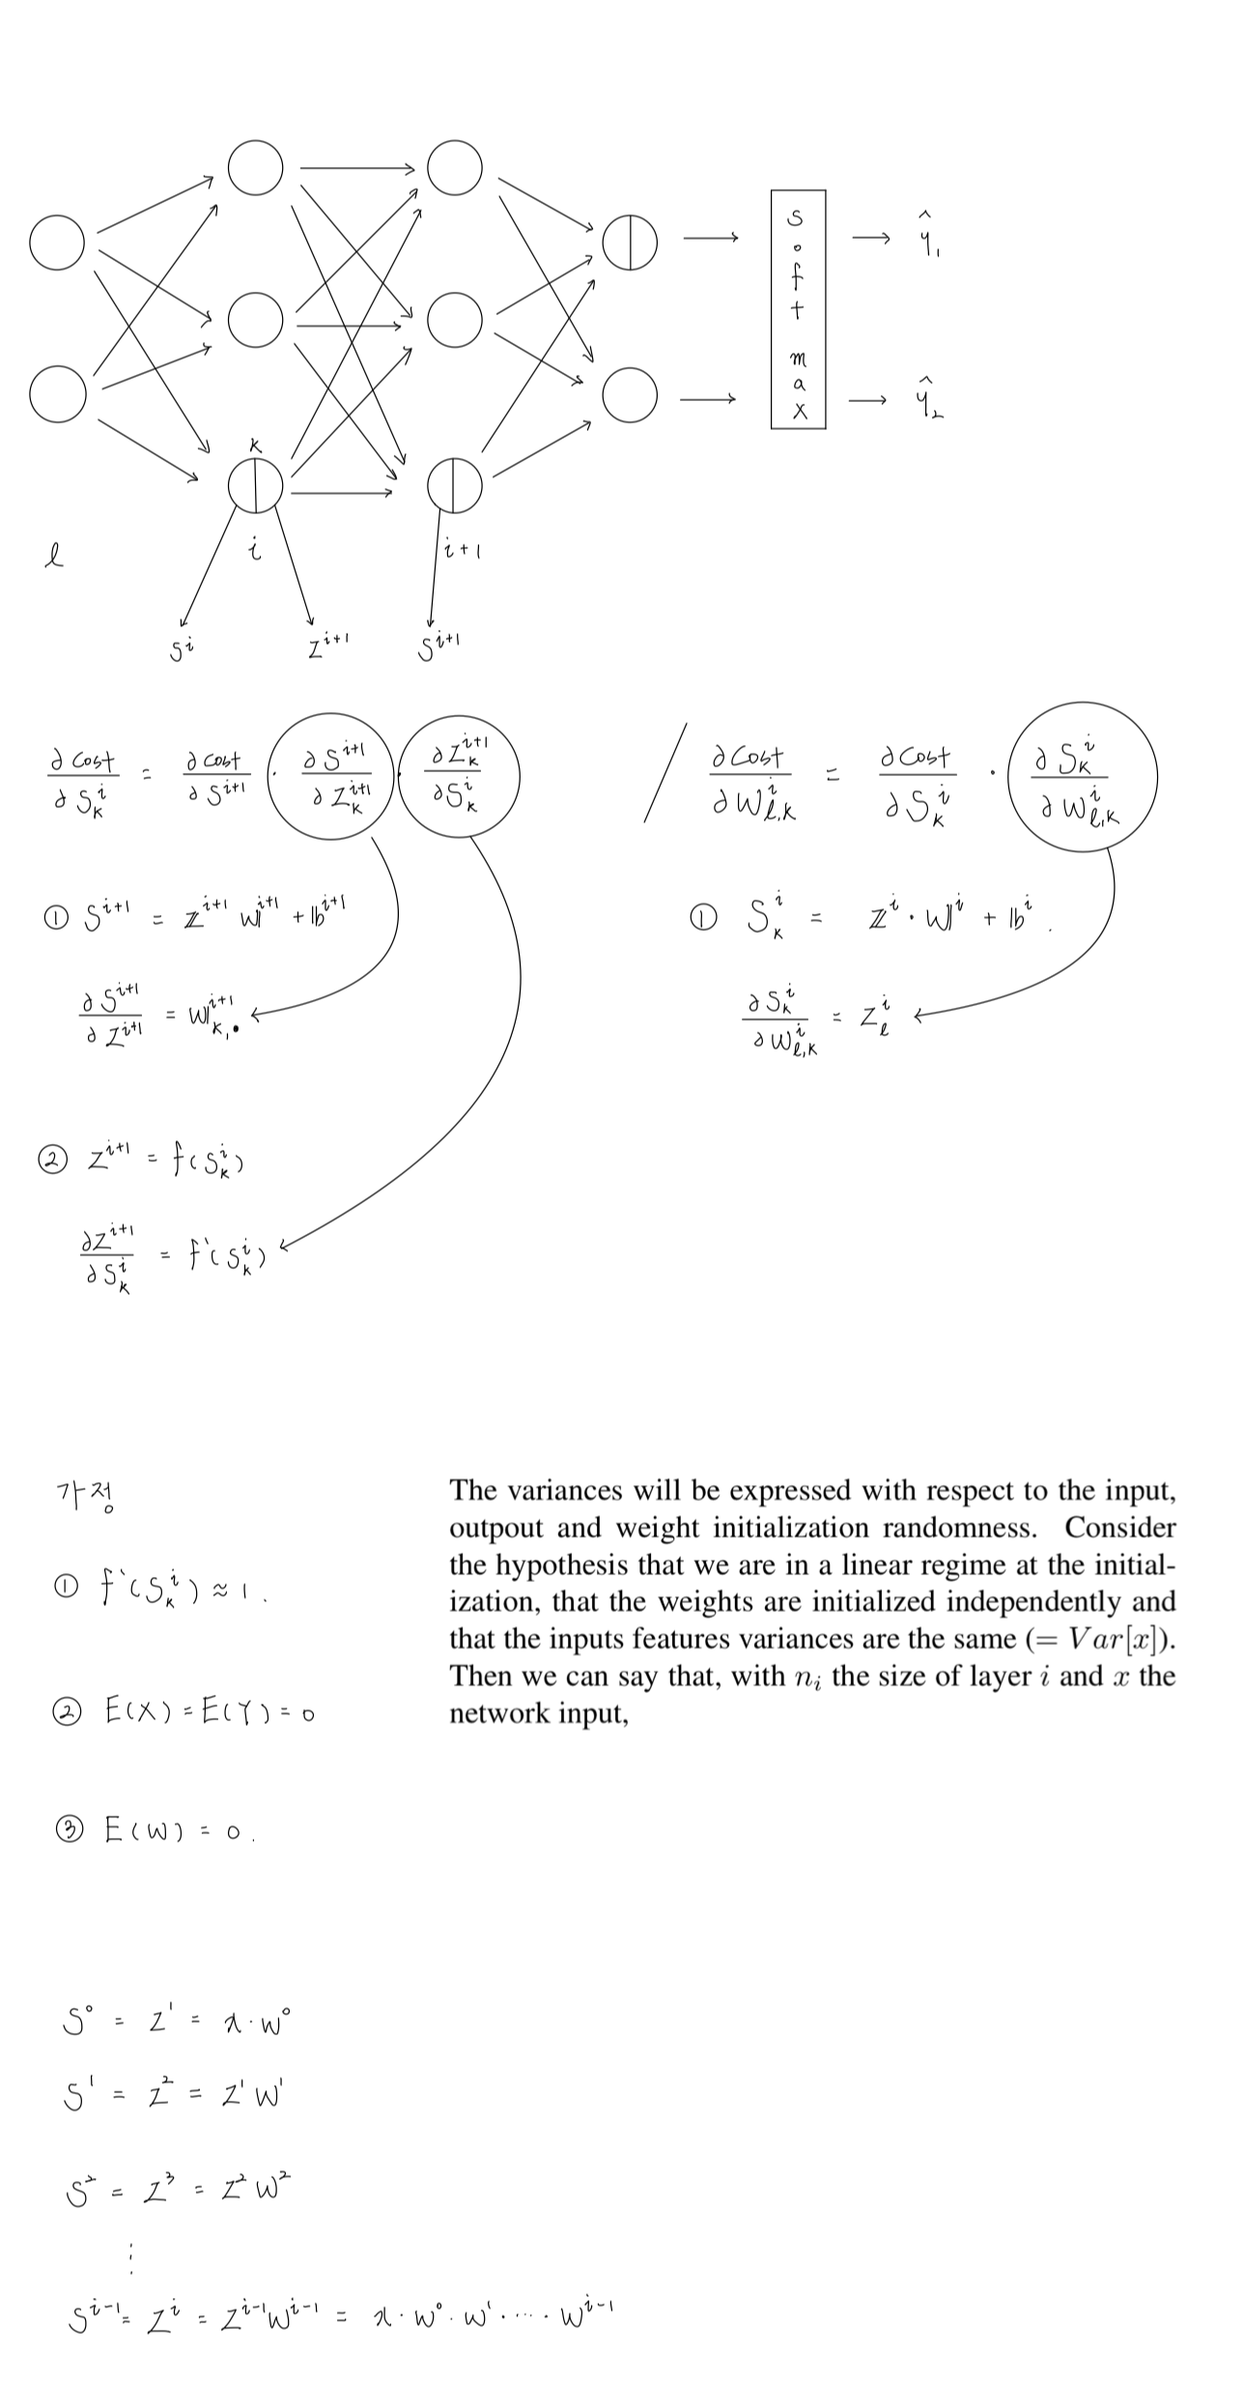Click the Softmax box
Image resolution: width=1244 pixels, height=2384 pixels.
coord(798,309)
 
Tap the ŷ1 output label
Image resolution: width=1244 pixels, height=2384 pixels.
coord(928,237)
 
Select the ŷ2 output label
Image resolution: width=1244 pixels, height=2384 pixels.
coord(928,398)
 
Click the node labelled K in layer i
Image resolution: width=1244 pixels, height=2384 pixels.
coord(256,485)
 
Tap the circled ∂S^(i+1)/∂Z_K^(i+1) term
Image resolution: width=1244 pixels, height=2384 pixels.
coord(331,779)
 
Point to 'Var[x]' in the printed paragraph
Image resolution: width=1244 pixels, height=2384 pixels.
coord(1120,1639)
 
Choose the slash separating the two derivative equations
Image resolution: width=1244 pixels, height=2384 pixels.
coord(665,773)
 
